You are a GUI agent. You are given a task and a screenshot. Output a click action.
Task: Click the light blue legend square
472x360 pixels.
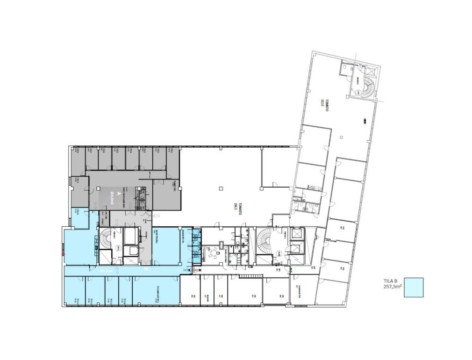pos(414,287)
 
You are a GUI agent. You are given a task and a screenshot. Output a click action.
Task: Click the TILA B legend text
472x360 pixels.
pos(391,282)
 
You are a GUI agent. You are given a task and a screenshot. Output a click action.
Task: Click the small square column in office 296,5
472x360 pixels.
pos(221,189)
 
